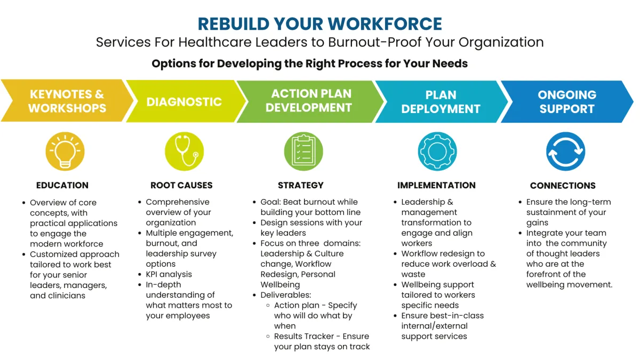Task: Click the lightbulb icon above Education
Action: click(65, 151)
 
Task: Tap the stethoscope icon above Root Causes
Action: click(185, 151)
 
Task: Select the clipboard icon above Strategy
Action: click(303, 151)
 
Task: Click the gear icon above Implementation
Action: click(437, 151)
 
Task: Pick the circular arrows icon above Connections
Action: click(566, 151)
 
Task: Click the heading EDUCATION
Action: click(62, 186)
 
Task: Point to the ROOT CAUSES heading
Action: click(181, 186)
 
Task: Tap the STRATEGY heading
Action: click(301, 186)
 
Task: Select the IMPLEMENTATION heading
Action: click(437, 186)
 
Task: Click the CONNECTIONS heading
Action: click(563, 186)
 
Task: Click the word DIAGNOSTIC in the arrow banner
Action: click(184, 102)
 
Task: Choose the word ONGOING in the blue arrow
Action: click(567, 95)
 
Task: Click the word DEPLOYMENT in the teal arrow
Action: click(441, 109)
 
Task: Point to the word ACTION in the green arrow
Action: click(289, 94)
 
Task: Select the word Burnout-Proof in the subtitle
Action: click(374, 42)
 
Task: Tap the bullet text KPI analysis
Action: click(169, 274)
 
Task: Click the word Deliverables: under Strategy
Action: click(286, 295)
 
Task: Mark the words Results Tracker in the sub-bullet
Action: click(305, 337)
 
